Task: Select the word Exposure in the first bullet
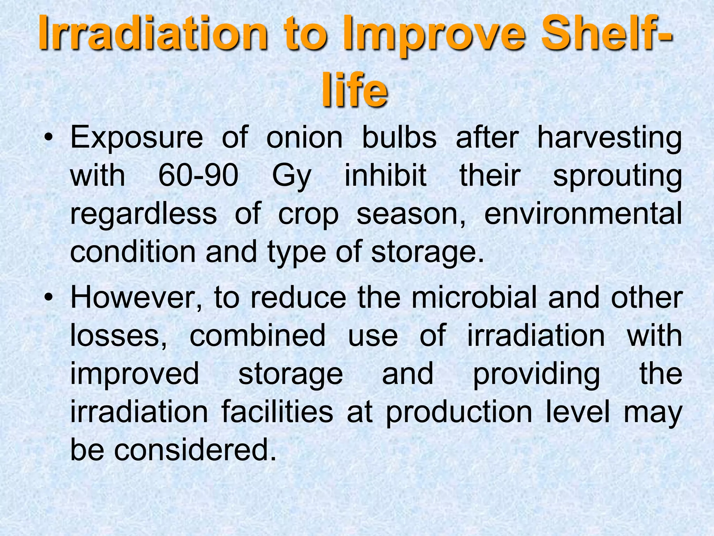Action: click(x=136, y=137)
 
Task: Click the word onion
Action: click(x=304, y=137)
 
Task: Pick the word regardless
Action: click(x=144, y=214)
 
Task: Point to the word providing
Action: click(x=537, y=374)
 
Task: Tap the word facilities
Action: click(x=277, y=412)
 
